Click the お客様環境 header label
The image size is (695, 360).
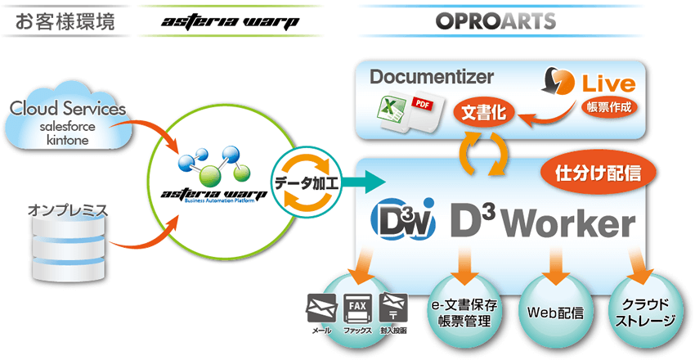tap(62, 21)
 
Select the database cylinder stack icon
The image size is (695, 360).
tap(68, 250)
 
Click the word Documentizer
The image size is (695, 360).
tap(432, 78)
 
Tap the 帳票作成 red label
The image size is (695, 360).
tap(609, 106)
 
